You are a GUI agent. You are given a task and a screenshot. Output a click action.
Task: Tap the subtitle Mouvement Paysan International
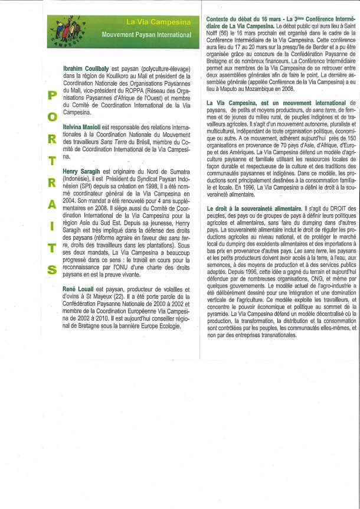[x=146, y=35]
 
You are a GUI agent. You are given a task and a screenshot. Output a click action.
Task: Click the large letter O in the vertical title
[x=52, y=117]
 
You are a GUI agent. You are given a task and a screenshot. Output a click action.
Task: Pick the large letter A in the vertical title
[x=52, y=204]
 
